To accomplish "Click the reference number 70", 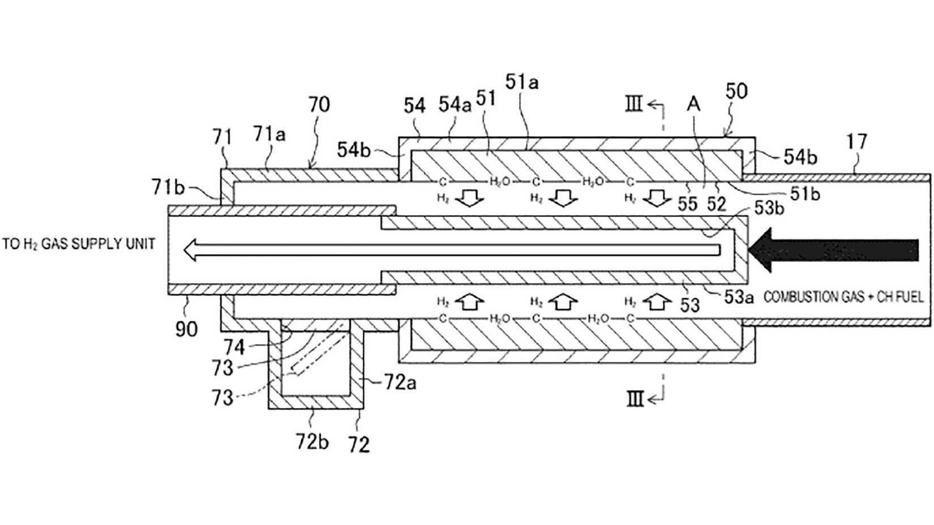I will [319, 105].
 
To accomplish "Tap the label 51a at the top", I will [522, 83].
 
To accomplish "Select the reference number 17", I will [856, 141].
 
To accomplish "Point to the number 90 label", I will [186, 329].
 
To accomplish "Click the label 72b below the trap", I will [312, 441].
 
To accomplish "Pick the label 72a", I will [400, 383].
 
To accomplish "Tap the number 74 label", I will [234, 346].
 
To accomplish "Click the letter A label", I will [693, 104].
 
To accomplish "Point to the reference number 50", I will [736, 91].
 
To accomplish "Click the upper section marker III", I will [634, 105].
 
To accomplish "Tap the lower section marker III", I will [635, 399].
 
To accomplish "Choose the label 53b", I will [769, 208].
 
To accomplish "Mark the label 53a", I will [739, 296].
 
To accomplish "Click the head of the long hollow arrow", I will [192, 249].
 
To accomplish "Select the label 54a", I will [455, 105].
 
